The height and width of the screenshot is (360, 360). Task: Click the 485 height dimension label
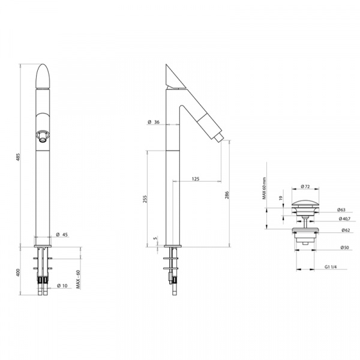[x=19, y=157]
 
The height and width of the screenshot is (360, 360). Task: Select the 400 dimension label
[x=19, y=272]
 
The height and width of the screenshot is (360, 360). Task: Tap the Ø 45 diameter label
[x=62, y=235]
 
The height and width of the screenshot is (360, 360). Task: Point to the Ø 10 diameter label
[x=62, y=286]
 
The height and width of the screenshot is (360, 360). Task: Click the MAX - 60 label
[x=78, y=279]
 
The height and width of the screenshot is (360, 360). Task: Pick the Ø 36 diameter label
[x=154, y=122]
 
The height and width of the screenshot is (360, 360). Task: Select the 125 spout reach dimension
[x=196, y=179]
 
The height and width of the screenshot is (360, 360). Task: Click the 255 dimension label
[x=145, y=199]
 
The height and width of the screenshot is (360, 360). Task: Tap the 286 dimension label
[x=227, y=195]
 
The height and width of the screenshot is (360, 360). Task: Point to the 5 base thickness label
[x=155, y=238]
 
